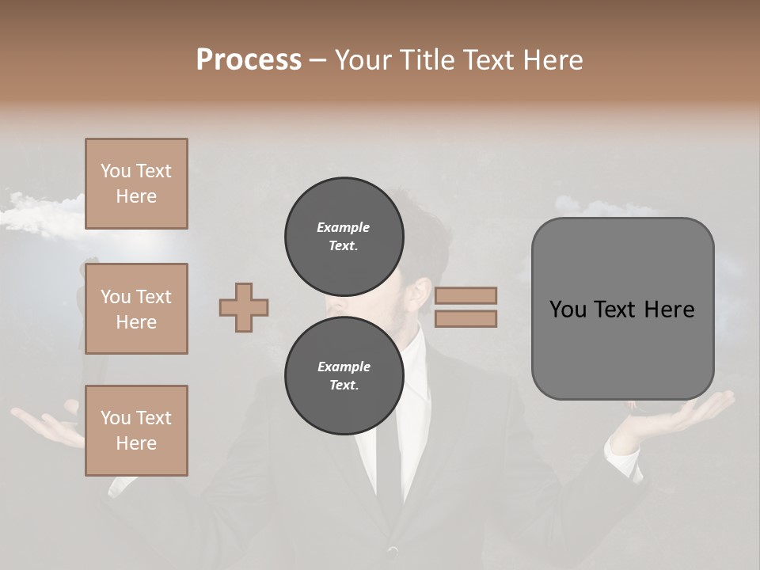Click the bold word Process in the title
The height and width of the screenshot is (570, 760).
point(249,59)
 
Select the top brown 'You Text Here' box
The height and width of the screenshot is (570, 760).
point(136,184)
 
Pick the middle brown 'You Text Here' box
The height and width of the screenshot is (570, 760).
point(136,309)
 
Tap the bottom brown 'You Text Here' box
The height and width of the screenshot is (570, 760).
point(136,431)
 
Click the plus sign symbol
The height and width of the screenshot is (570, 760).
point(244,306)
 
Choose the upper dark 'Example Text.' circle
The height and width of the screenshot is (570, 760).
point(344,237)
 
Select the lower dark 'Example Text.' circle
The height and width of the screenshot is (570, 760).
point(344,376)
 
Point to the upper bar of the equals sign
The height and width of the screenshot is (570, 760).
point(465,295)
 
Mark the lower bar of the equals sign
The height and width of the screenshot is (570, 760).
point(465,318)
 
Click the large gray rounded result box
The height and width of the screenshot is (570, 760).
point(622,309)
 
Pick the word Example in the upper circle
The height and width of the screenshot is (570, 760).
point(344,227)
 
